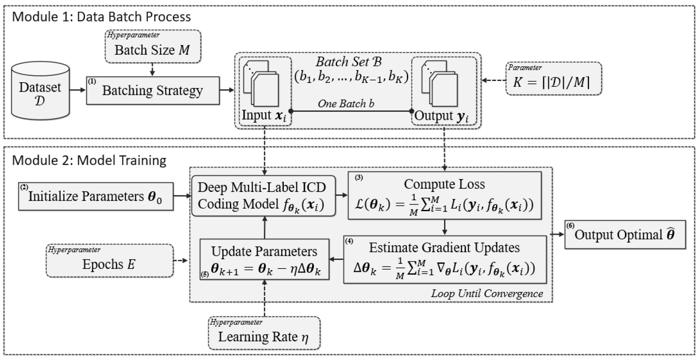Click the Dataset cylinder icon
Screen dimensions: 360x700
pyautogui.click(x=40, y=91)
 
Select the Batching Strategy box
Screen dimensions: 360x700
pyautogui.click(x=153, y=90)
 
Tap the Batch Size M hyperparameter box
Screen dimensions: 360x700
pyautogui.click(x=153, y=47)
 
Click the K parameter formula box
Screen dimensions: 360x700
pyautogui.click(x=553, y=79)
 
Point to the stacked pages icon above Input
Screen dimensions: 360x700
pyautogui.click(x=261, y=83)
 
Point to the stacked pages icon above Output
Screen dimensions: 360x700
pyautogui.click(x=439, y=83)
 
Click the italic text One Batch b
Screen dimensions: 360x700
pyautogui.click(x=346, y=103)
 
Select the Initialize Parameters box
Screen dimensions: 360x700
pyautogui.click(x=96, y=196)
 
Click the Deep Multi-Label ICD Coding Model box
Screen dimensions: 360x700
pyautogui.click(x=263, y=196)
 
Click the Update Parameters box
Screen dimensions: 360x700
pyautogui.click(x=264, y=259)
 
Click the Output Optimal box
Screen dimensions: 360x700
pyautogui.click(x=625, y=234)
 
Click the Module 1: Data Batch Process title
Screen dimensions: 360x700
pyautogui.click(x=101, y=17)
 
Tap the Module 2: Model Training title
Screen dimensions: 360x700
pyautogui.click(x=89, y=160)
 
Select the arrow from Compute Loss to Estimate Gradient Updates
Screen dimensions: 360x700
pyautogui.click(x=445, y=227)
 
